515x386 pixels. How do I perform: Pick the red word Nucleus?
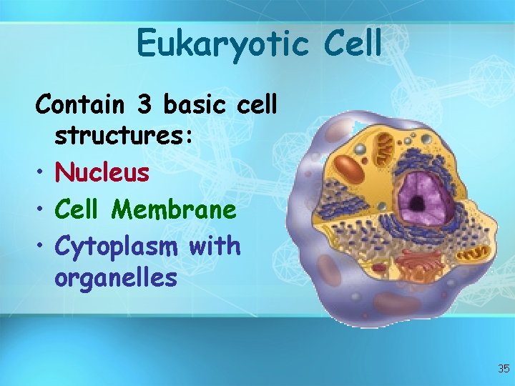click(x=102, y=172)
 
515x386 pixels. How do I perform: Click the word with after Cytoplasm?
click(x=215, y=245)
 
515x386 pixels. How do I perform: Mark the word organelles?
click(x=115, y=277)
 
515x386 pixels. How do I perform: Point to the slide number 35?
click(x=503, y=369)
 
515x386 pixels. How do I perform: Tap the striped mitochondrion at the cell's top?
click(x=386, y=147)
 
